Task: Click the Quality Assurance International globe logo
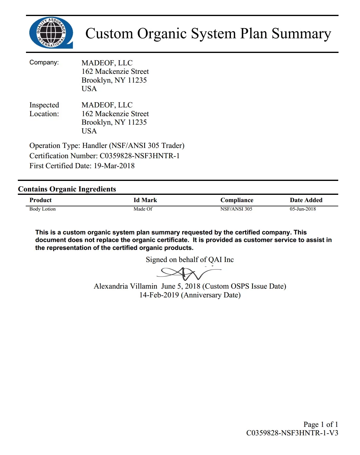coord(51,33)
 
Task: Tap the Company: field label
coord(44,62)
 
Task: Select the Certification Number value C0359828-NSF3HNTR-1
coord(140,156)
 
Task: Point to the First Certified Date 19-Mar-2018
coord(114,166)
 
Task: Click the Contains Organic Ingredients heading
coord(67,189)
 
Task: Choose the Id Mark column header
coord(145,200)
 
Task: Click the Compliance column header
coord(237,200)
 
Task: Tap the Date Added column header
coord(306,200)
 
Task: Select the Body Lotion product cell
coord(43,209)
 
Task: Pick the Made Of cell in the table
coord(143,209)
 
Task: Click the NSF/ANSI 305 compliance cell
coord(236,209)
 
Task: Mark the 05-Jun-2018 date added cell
coord(303,209)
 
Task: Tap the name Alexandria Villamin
coord(125,286)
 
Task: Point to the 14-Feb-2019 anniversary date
coord(159,295)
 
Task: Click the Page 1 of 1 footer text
coord(320,424)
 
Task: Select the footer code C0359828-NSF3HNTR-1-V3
coord(292,433)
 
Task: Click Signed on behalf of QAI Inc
coord(190,260)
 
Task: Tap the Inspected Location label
coord(44,109)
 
